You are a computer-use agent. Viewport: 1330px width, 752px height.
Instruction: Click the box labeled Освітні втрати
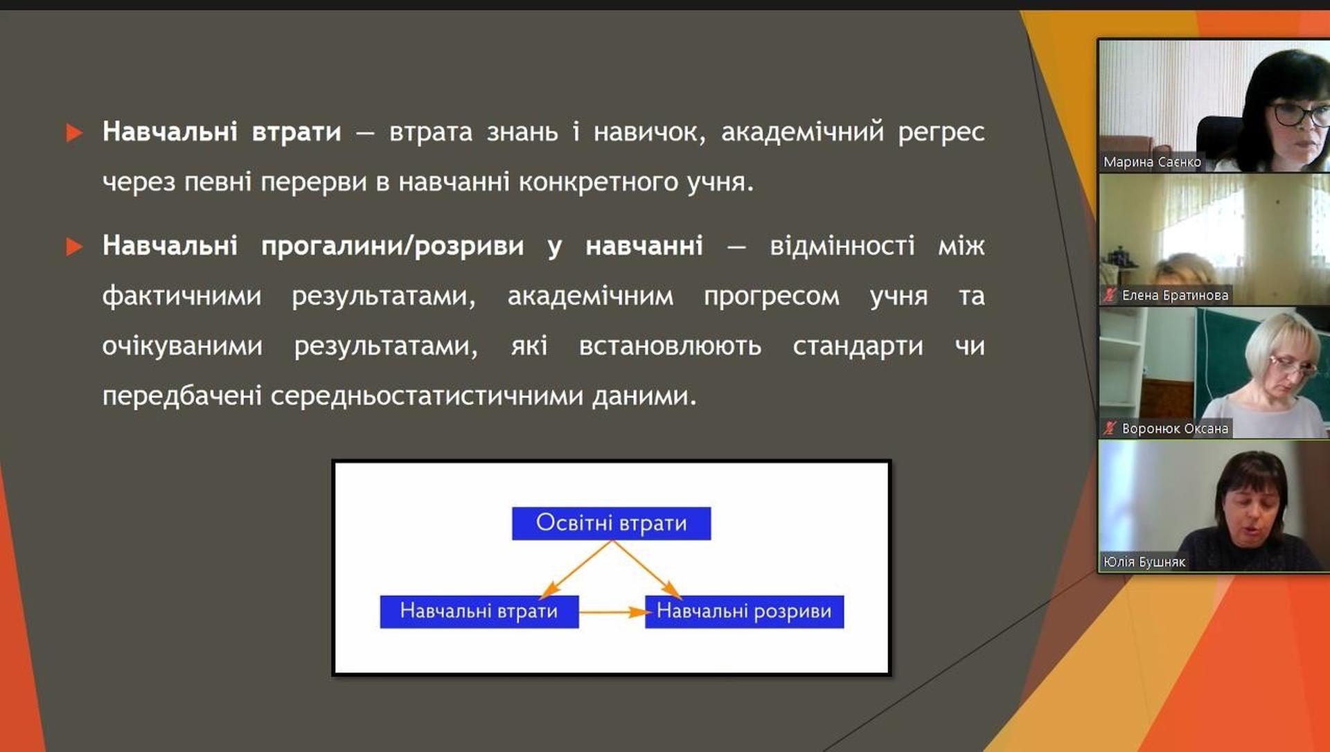coord(611,523)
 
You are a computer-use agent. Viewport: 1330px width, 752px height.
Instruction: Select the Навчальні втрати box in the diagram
coord(479,611)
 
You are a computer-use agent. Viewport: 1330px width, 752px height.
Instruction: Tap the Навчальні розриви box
coord(744,611)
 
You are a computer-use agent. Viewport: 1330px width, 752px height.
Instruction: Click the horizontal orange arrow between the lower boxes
coord(612,612)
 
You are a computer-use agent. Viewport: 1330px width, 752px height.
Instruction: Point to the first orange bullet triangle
coord(74,132)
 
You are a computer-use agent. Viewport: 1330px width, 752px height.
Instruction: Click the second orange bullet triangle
coord(74,247)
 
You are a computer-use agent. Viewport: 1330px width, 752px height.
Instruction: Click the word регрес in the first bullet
coord(941,132)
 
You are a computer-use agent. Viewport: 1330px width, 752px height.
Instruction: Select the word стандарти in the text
coord(858,346)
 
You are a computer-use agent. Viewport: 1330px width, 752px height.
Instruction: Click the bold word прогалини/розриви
coord(392,246)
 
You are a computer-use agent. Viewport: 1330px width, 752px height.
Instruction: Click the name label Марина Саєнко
coord(1152,162)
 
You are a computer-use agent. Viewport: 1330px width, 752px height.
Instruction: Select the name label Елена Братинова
coord(1175,296)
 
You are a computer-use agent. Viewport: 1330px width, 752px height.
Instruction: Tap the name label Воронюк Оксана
coord(1175,429)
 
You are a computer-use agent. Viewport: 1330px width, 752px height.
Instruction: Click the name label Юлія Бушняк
coord(1144,562)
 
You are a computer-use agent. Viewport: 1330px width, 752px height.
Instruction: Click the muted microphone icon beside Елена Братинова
coord(1110,296)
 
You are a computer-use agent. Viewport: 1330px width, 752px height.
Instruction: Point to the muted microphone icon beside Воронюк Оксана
coord(1110,429)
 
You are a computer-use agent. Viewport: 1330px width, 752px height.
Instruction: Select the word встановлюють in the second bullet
coord(670,346)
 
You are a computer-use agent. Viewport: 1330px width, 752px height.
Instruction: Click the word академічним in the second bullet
coord(590,296)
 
